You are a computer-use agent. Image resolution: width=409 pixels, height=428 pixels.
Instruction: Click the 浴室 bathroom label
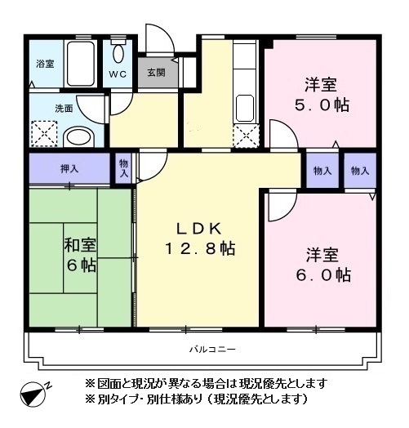pos(45,64)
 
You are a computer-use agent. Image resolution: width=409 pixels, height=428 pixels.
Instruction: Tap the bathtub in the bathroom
pos(82,65)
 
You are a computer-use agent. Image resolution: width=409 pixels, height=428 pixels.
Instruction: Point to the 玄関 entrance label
pos(155,72)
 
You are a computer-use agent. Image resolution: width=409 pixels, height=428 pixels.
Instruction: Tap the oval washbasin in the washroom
pos(80,136)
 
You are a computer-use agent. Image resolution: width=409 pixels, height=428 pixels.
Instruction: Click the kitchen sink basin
pos(245,107)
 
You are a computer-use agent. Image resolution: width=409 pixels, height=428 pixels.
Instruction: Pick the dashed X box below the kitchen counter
pos(244,135)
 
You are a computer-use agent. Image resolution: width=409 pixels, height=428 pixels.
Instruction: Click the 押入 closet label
pos(69,170)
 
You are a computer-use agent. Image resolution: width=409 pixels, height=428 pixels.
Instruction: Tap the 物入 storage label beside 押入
pos(123,169)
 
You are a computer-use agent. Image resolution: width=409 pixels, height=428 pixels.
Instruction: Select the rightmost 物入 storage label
pos(359,171)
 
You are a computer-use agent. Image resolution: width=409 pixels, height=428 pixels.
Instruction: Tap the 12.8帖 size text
pos(200,249)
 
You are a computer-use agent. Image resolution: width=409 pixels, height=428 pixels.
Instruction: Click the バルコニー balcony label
pos(212,350)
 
